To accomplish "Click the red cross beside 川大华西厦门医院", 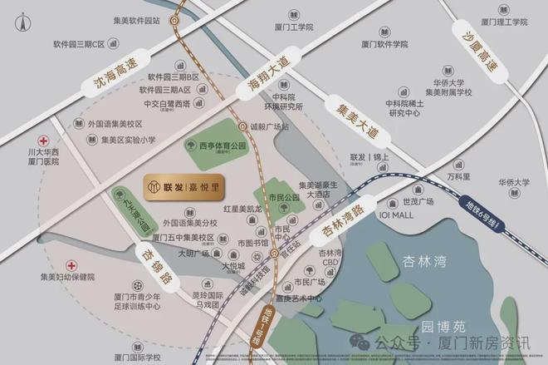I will coord(42,141).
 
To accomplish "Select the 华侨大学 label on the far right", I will coord(514,181).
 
